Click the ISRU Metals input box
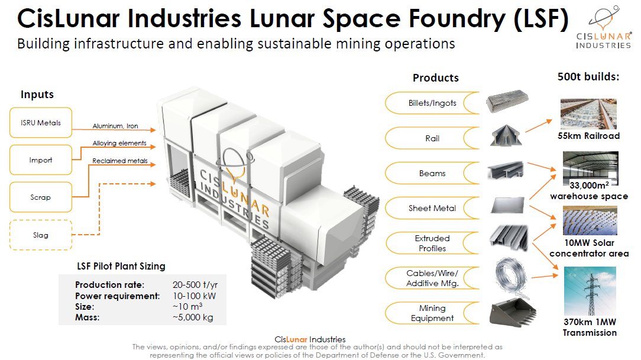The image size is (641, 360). click(41, 123)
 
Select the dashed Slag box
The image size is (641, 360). click(41, 235)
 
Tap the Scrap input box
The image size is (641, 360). click(41, 197)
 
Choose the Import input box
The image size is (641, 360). click(41, 160)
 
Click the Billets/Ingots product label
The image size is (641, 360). click(432, 103)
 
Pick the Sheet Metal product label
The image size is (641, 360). click(432, 208)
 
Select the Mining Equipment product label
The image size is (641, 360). click(432, 313)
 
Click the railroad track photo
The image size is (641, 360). click(589, 114)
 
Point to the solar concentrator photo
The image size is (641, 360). click(589, 220)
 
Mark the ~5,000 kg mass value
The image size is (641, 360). click(192, 317)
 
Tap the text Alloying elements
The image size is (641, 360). click(119, 144)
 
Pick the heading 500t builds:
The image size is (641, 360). click(588, 77)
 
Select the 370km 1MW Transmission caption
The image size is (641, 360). click(589, 327)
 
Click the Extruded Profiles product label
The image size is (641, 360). click(432, 243)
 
